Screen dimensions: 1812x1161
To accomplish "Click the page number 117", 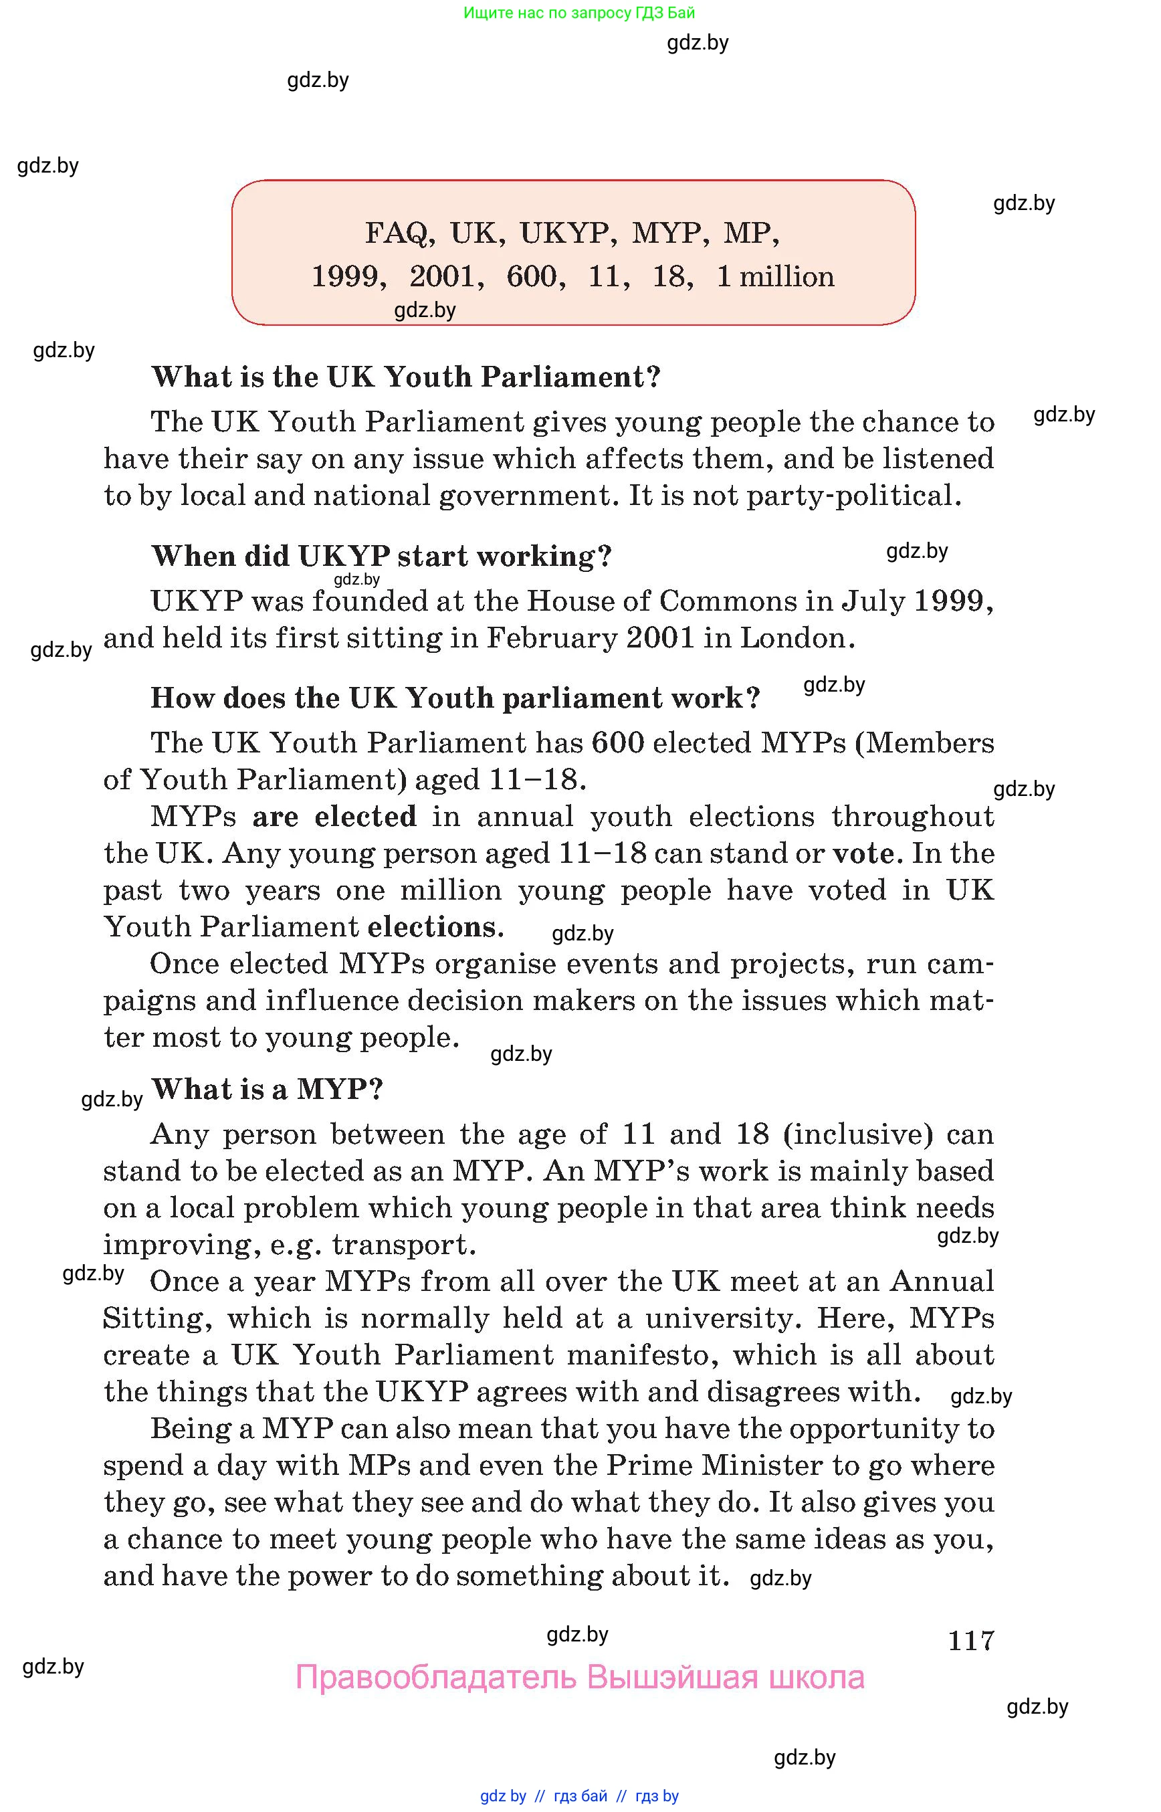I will [971, 1641].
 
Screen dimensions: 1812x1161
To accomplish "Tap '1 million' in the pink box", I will [775, 277].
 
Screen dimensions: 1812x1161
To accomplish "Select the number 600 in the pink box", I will [534, 277].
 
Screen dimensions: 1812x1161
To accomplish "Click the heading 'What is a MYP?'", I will [268, 1089].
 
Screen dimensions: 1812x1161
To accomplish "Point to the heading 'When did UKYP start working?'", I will [381, 557].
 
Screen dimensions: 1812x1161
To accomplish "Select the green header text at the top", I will [579, 13].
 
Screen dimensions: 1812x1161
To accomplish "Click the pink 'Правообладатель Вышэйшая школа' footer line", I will [579, 1678].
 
